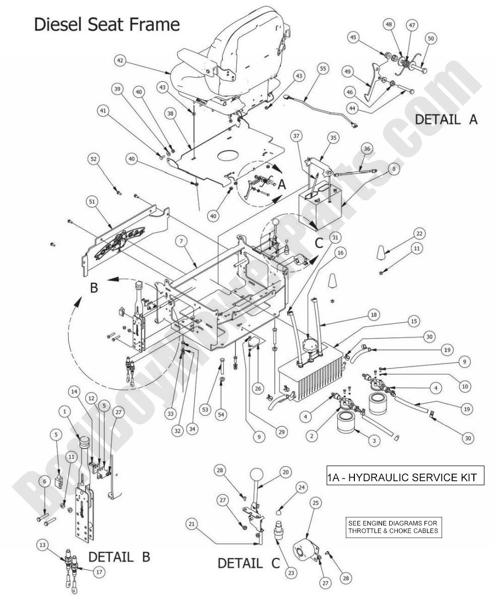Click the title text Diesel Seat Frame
[x=106, y=24]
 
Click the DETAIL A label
[x=446, y=120]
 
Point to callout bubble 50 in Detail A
[x=430, y=38]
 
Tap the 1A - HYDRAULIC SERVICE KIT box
[x=405, y=477]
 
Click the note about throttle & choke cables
[x=393, y=526]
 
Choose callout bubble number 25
[x=315, y=516]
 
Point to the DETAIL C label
[x=249, y=563]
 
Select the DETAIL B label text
[x=119, y=557]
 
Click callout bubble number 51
[x=92, y=201]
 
